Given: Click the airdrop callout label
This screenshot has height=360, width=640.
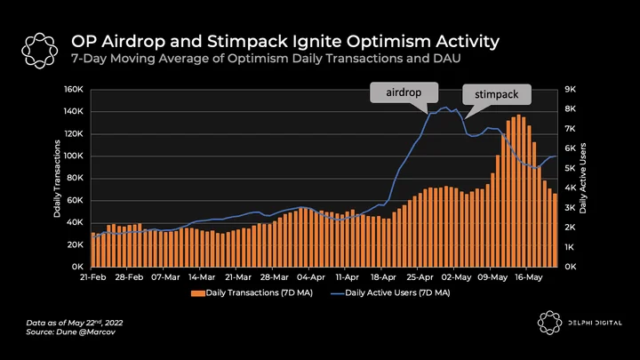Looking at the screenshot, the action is [404, 92].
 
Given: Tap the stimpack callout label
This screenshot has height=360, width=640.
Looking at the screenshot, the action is [496, 95].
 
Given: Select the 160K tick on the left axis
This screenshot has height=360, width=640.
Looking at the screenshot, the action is [73, 90].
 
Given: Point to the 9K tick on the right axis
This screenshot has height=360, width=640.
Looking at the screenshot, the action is [570, 90].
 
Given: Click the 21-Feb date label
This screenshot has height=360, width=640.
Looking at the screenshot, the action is [92, 277].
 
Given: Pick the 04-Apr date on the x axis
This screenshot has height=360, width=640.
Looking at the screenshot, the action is [310, 277].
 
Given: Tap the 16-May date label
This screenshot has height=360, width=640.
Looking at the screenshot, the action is [528, 277].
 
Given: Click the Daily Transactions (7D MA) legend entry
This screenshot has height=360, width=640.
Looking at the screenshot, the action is [252, 292].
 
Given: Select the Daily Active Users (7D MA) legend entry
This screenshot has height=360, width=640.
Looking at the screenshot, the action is [390, 292].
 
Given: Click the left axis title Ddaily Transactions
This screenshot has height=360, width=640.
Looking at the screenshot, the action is [57, 179].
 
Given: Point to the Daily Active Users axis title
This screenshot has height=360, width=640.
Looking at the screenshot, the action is [582, 178].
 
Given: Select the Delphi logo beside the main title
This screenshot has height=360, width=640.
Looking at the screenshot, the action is [40, 51].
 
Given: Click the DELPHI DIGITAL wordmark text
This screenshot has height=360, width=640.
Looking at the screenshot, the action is [595, 323].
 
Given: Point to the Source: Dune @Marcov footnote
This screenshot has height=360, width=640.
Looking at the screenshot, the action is [70, 332].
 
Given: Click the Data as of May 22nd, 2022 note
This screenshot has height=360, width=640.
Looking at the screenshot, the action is [75, 323].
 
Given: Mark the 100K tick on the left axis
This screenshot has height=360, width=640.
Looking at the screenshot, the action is [73, 156].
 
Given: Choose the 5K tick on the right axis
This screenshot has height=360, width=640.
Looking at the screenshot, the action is [570, 168].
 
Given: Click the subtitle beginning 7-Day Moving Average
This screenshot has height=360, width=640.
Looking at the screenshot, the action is [266, 59].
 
